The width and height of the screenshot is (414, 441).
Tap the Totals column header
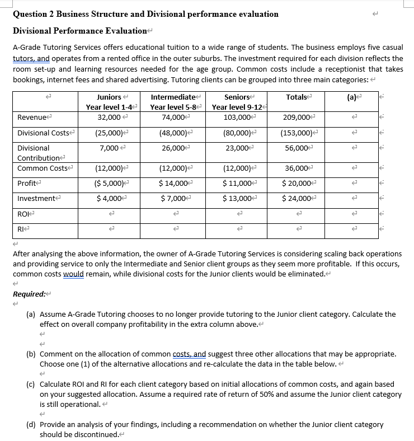coord(297,97)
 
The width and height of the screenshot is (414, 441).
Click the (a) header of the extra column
coord(352,97)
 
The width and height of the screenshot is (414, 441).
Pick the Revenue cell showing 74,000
coord(173,117)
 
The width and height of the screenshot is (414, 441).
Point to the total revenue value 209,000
coord(297,117)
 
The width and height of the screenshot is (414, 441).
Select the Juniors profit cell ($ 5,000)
coord(108,183)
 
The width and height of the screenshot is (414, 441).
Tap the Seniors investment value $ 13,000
coord(237,199)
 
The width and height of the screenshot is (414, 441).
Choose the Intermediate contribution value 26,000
coord(173,148)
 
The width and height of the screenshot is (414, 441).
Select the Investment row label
coord(35,199)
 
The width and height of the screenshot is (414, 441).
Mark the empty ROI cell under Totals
coord(297,213)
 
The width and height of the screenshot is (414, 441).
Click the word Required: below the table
coord(29,294)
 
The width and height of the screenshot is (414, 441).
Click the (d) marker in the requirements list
coord(32,425)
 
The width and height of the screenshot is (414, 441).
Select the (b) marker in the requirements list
coord(32,354)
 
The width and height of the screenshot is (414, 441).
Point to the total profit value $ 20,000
coord(297,183)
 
